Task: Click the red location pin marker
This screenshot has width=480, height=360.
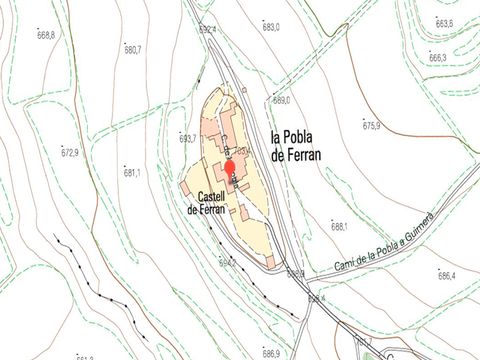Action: coord(229,167)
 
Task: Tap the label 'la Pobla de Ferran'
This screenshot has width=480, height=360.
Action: coord(296,146)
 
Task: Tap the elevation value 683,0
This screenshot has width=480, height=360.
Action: coord(271,27)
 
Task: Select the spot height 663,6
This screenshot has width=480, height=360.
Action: coord(445,24)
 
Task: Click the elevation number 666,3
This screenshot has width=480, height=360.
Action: coord(438,58)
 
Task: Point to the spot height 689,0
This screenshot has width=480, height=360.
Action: coord(281,101)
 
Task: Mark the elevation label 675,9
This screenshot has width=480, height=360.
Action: coord(371,126)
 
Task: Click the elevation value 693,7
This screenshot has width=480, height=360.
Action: coord(188,139)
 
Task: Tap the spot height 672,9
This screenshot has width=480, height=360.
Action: coord(70,152)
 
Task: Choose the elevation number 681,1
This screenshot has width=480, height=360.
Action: coord(131,173)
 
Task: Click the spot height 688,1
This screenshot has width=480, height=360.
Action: coord(340,227)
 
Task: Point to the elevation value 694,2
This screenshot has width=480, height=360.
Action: coord(228,263)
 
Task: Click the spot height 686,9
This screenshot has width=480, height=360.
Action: coord(271,353)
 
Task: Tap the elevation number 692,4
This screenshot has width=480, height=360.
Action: coord(208,30)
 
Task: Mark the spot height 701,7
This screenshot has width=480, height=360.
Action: coord(364,342)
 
